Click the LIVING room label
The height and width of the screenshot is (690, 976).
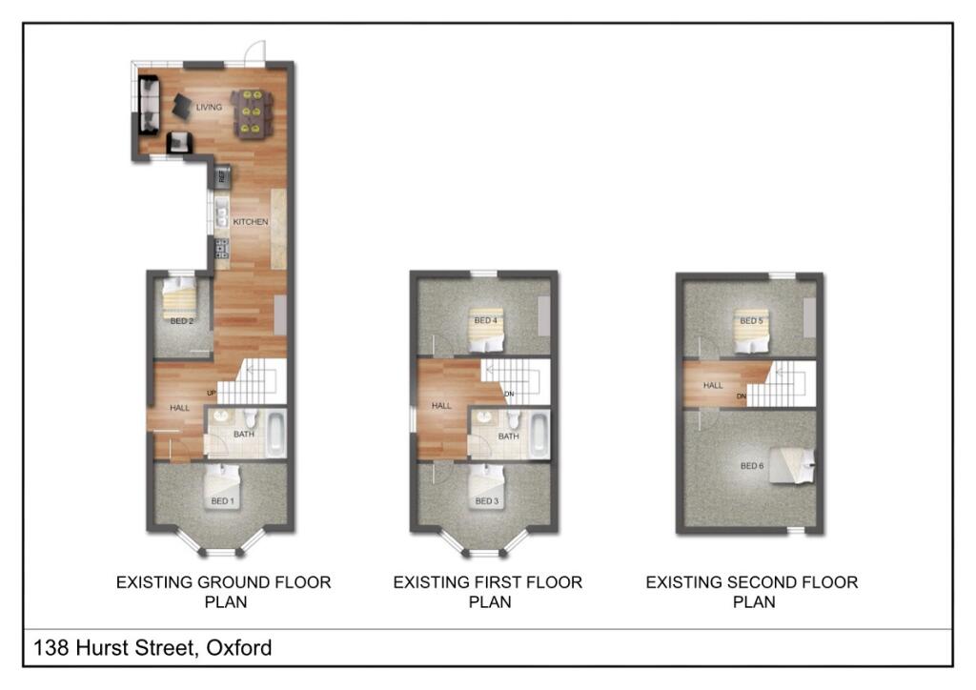pyautogui.click(x=209, y=108)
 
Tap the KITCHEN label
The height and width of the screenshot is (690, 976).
pyautogui.click(x=252, y=222)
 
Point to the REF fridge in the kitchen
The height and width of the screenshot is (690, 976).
pyautogui.click(x=223, y=175)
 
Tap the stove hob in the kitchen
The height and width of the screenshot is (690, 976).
pyautogui.click(x=221, y=249)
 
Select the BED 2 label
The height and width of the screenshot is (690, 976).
pyautogui.click(x=182, y=321)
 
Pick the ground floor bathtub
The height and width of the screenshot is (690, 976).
pyautogui.click(x=275, y=433)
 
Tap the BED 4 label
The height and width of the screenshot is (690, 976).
pyautogui.click(x=485, y=321)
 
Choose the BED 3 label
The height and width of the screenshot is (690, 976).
pyautogui.click(x=485, y=501)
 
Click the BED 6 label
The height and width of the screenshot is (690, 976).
pyautogui.click(x=752, y=466)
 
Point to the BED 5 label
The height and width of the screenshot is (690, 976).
pyautogui.click(x=752, y=321)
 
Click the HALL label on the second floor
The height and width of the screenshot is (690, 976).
pyautogui.click(x=713, y=386)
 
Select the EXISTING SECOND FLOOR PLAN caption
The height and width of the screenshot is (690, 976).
pyautogui.click(x=752, y=592)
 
